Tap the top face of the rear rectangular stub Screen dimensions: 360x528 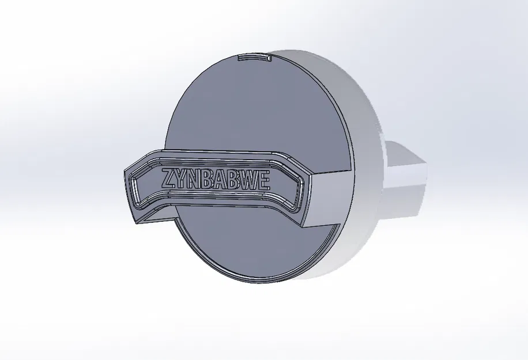406,151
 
